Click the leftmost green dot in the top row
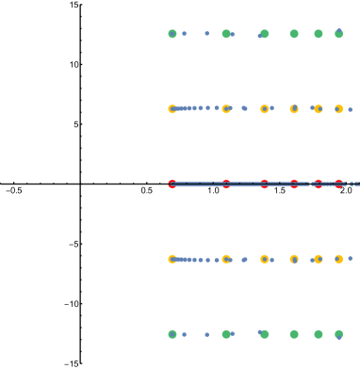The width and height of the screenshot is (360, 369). click(x=172, y=34)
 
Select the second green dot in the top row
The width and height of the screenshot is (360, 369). click(x=226, y=34)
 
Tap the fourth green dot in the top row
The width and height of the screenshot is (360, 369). click(x=294, y=34)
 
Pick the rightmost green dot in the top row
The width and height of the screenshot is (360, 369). click(x=338, y=34)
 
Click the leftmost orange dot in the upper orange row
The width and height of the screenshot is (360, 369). click(x=172, y=109)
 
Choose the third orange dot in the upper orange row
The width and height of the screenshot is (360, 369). click(x=264, y=109)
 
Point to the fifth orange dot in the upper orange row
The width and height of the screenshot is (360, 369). click(x=319, y=109)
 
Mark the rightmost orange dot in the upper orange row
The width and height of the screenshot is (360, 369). click(x=338, y=109)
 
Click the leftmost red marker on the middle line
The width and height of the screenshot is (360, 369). click(x=172, y=184)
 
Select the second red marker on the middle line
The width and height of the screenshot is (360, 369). click(x=226, y=184)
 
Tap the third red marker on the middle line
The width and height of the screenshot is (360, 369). click(x=264, y=184)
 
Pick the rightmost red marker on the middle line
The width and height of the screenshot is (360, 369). click(x=338, y=184)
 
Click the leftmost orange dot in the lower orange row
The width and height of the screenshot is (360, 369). click(x=172, y=259)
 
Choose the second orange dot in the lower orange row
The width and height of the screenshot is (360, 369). click(x=226, y=259)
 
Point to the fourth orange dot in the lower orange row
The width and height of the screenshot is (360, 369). click(x=294, y=259)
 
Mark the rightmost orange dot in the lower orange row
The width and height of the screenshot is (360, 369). click(x=338, y=259)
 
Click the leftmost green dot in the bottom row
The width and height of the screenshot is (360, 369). click(x=172, y=334)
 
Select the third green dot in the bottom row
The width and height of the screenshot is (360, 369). click(x=264, y=334)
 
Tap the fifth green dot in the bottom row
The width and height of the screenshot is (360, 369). click(x=319, y=334)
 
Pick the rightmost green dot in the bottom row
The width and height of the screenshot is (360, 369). click(x=338, y=334)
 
